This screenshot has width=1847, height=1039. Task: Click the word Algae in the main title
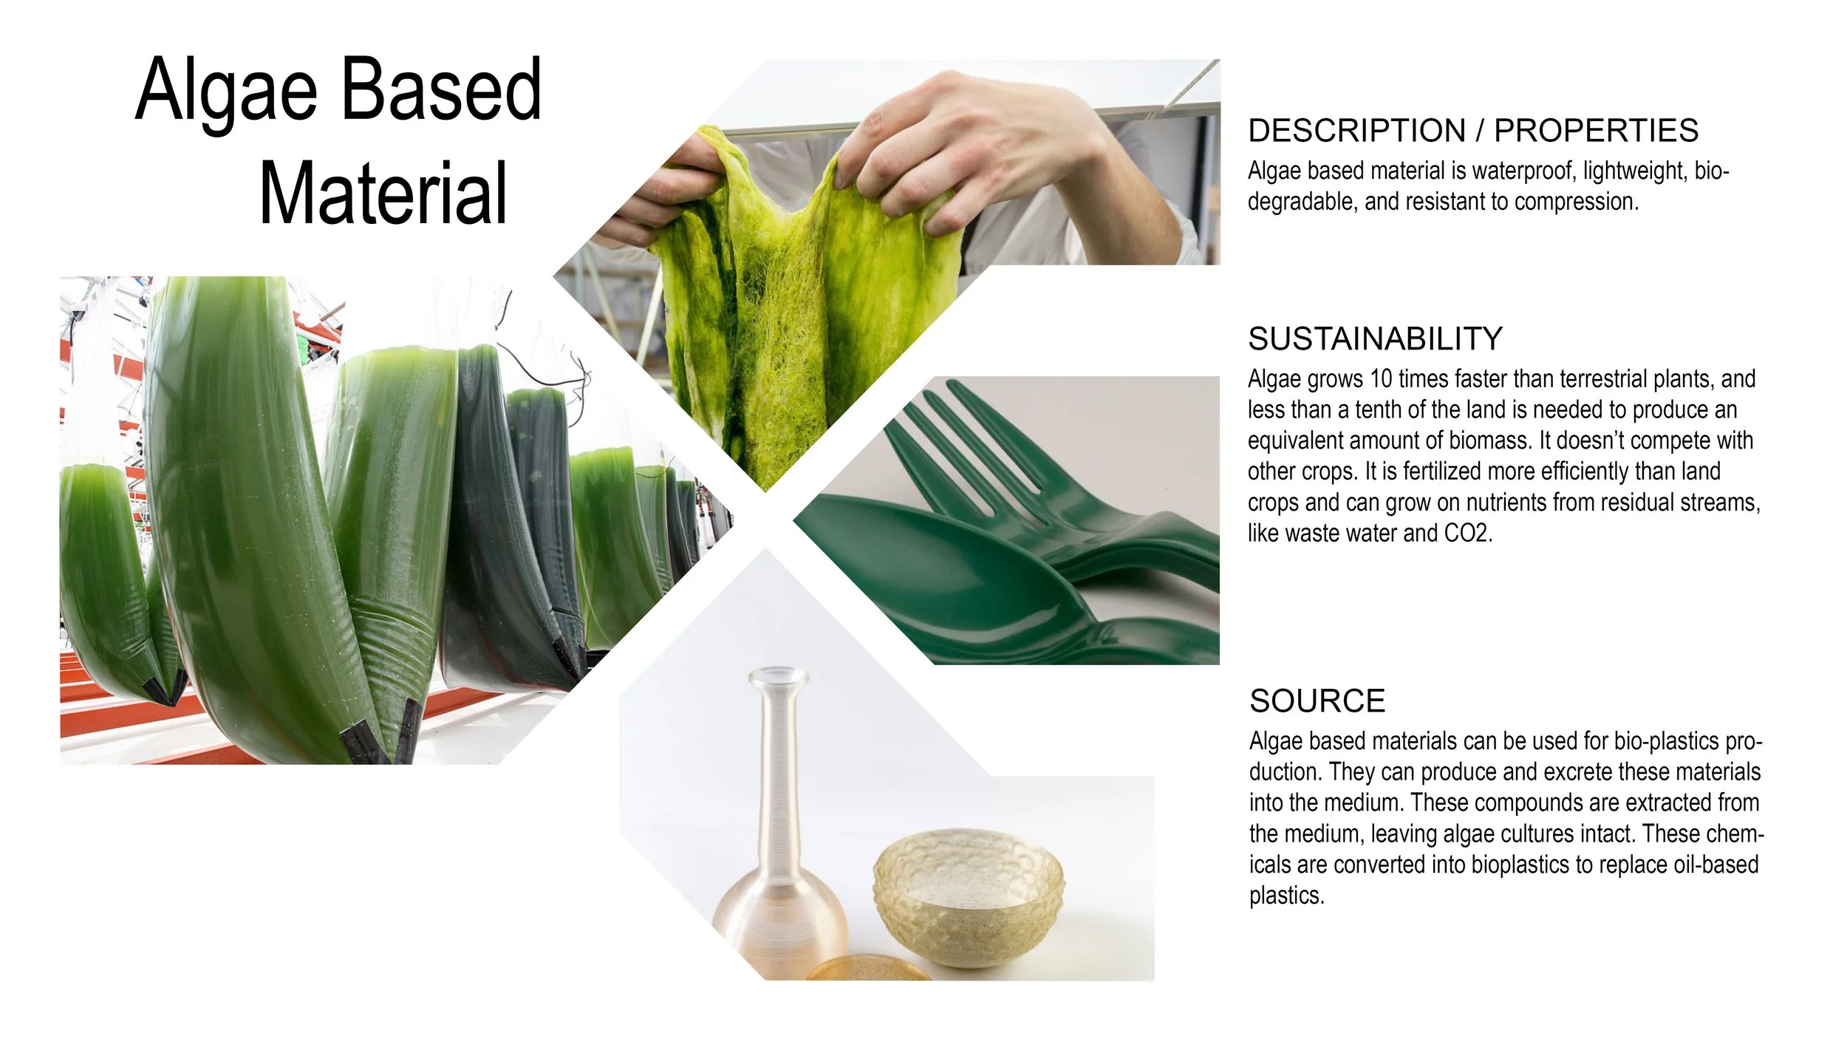(x=226, y=90)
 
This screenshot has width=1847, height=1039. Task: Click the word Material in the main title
(x=383, y=194)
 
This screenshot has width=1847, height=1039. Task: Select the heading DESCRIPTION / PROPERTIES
(x=1472, y=131)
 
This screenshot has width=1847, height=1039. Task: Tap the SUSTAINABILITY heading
(x=1375, y=339)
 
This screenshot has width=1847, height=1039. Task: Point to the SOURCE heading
(x=1317, y=701)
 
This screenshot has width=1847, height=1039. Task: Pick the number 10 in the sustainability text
(x=1380, y=379)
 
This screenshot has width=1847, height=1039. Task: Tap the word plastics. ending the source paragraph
(x=1286, y=896)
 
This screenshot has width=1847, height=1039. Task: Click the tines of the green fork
(x=960, y=443)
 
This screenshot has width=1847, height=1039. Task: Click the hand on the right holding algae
(x=983, y=140)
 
